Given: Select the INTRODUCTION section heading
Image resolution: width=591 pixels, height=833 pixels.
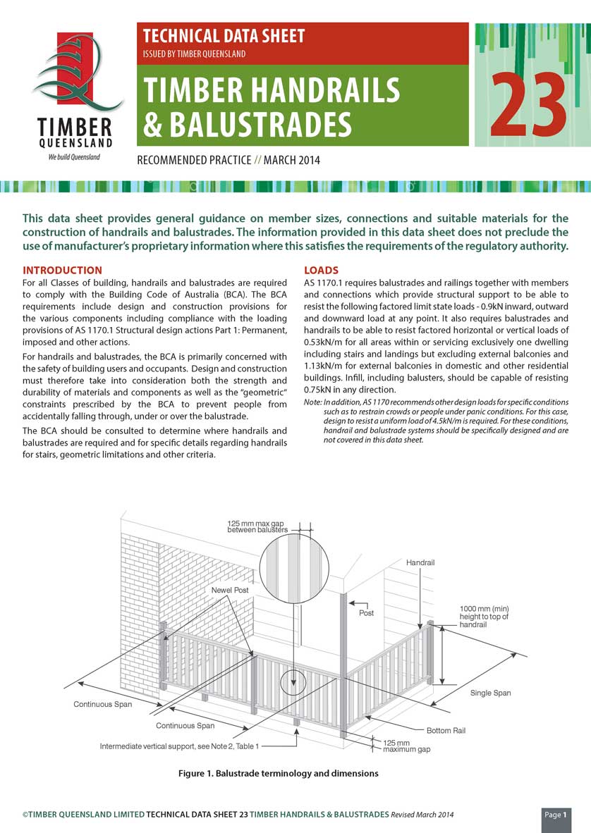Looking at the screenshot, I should tap(63, 271).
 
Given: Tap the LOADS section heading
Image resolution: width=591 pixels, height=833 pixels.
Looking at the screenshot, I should tap(321, 271).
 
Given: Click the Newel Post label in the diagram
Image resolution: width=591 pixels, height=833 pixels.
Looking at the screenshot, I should tap(230, 590).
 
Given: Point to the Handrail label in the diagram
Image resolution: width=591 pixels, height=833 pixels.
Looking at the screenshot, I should tap(420, 563).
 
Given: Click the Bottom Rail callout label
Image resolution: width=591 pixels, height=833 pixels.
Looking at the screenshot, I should tap(446, 731).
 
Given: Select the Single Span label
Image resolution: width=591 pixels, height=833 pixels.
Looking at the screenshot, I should tap(490, 693).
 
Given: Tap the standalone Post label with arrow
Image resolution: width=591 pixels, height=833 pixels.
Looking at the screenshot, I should tap(366, 613).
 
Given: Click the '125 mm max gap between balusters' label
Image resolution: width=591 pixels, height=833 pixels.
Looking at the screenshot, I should tap(257, 526).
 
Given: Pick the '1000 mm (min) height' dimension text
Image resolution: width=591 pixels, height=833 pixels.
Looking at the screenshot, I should tap(484, 617).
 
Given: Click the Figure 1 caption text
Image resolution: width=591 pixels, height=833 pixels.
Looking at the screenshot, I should tap(278, 774).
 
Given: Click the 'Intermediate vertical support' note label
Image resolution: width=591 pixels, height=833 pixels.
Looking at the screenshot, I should tap(179, 746).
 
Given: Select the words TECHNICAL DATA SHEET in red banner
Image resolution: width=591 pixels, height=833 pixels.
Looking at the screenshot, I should tap(224, 35).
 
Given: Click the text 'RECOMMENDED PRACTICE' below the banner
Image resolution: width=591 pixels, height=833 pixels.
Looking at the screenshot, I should tap(194, 160).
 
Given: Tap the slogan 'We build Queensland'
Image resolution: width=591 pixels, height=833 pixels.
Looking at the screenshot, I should tap(74, 156).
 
